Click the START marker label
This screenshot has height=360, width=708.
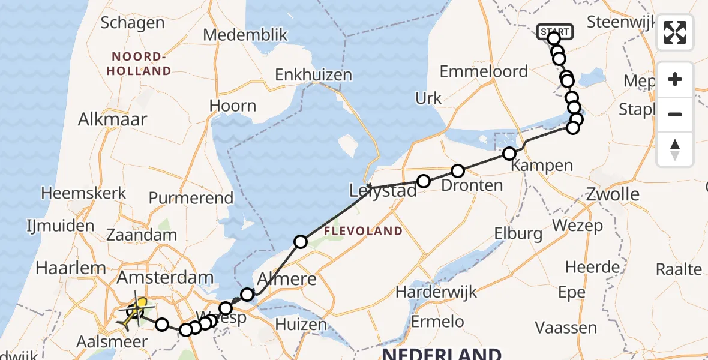coord(556,31)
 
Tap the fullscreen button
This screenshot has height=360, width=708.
coord(675,32)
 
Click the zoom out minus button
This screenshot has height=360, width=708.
coord(675,114)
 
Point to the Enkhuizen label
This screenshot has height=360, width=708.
coord(313,76)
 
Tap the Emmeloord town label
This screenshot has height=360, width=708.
coord(484,72)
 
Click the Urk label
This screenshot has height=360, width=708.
coord(428,98)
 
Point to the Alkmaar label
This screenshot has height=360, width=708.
coord(112,119)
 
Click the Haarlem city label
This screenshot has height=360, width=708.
coord(70,268)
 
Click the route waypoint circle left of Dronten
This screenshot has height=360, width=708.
coord(424,181)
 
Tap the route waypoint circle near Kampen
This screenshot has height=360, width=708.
coord(509,154)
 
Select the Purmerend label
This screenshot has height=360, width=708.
coord(191,198)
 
